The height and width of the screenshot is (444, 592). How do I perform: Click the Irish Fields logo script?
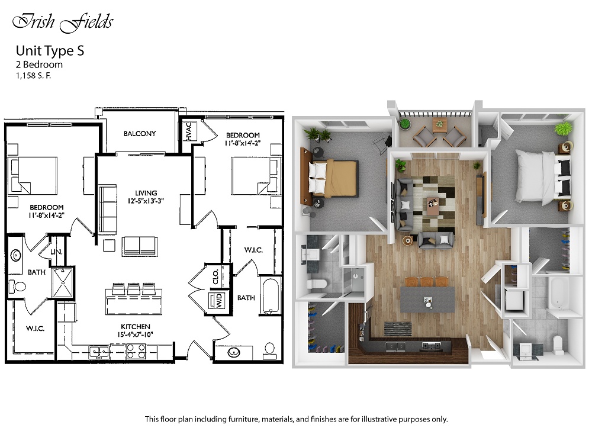(63, 22)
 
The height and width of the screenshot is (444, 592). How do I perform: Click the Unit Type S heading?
(50, 50)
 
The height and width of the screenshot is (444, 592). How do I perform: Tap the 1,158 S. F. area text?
(33, 76)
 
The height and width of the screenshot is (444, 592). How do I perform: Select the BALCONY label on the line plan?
(140, 133)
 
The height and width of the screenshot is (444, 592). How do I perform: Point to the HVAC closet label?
(189, 131)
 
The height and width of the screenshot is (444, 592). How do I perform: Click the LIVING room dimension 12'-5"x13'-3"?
(146, 201)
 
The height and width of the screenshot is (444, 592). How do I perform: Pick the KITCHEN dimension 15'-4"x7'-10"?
(136, 334)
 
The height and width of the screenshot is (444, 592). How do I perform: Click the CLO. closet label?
(215, 276)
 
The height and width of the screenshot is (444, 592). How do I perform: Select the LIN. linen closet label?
(56, 252)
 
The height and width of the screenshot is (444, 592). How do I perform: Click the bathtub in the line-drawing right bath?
(271, 296)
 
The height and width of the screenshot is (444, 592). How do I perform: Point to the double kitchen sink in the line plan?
(99, 352)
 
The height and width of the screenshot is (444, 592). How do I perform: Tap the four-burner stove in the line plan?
(136, 351)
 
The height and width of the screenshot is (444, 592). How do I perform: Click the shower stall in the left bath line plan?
(63, 282)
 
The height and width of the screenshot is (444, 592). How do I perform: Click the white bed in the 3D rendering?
(543, 178)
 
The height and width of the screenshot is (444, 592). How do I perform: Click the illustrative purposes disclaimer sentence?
(297, 419)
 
